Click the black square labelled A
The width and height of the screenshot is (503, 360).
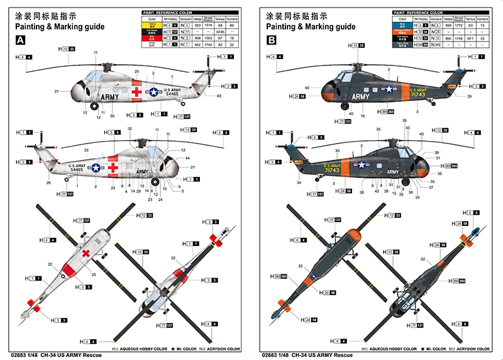tap(21, 40)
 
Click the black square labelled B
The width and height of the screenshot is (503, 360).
tap(272, 40)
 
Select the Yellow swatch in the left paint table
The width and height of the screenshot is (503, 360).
tap(152, 25)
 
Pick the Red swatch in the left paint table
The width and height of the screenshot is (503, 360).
tap(152, 38)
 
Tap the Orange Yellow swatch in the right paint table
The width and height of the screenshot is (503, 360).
tap(403, 31)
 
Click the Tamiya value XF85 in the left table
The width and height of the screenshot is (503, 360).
tap(220, 31)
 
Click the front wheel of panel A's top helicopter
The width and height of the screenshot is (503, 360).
tap(95, 106)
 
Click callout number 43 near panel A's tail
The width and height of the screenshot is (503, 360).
tap(219, 96)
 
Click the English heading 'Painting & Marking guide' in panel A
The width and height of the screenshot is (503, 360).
tap(53, 27)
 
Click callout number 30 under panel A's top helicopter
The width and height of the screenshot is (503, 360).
tap(112, 116)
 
